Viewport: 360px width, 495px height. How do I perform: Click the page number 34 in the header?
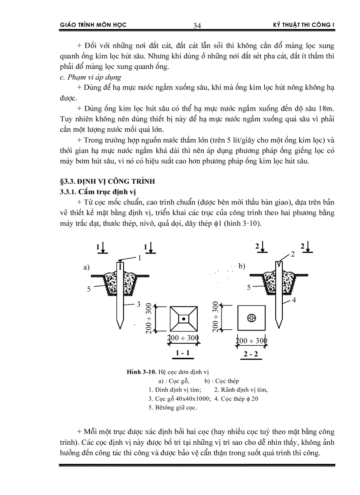pos(197,26)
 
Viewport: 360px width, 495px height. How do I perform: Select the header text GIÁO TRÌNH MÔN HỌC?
pos(93,25)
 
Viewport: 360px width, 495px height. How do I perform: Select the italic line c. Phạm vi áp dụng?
pos(90,77)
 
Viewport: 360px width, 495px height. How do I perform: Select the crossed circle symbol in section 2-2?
pos(252,317)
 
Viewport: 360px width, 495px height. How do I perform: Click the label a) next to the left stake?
pos(87,267)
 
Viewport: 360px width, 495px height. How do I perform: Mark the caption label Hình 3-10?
pos(141,372)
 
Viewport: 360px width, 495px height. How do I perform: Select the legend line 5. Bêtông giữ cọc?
pos(173,407)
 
